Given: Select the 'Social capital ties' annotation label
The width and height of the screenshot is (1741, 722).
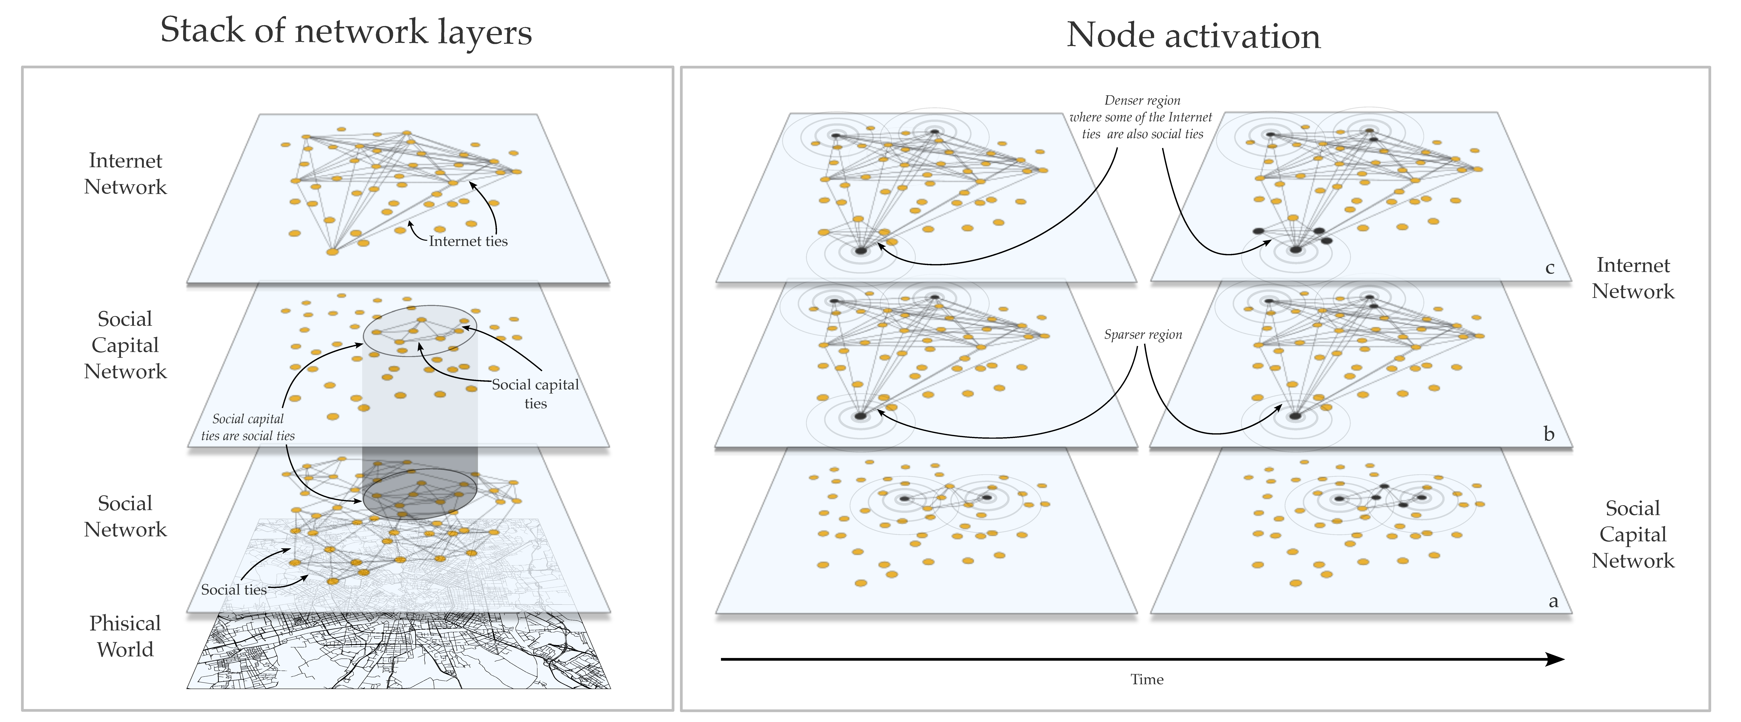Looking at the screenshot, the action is click(x=535, y=393).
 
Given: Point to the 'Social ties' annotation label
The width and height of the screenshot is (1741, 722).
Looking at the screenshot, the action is click(x=234, y=590).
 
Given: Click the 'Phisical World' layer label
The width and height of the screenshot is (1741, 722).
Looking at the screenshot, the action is click(x=125, y=636).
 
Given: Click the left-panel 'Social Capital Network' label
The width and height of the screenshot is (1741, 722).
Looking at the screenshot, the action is click(x=125, y=345).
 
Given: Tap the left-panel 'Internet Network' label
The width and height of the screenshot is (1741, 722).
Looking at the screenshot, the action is click(x=125, y=174).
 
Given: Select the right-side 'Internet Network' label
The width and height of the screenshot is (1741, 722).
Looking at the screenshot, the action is click(x=1633, y=278).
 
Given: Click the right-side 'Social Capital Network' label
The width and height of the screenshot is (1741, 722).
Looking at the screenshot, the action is click(x=1633, y=534).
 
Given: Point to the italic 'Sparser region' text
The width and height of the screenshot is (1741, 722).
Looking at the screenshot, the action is click(x=1143, y=335).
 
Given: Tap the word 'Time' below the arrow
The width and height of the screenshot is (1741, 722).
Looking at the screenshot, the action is click(x=1147, y=679).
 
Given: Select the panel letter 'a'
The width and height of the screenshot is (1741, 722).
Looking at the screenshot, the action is click(x=1553, y=601).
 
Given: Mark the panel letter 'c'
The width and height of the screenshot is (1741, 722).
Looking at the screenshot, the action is click(x=1550, y=268).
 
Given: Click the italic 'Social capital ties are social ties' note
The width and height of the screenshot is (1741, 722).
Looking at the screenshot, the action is click(x=248, y=427).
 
